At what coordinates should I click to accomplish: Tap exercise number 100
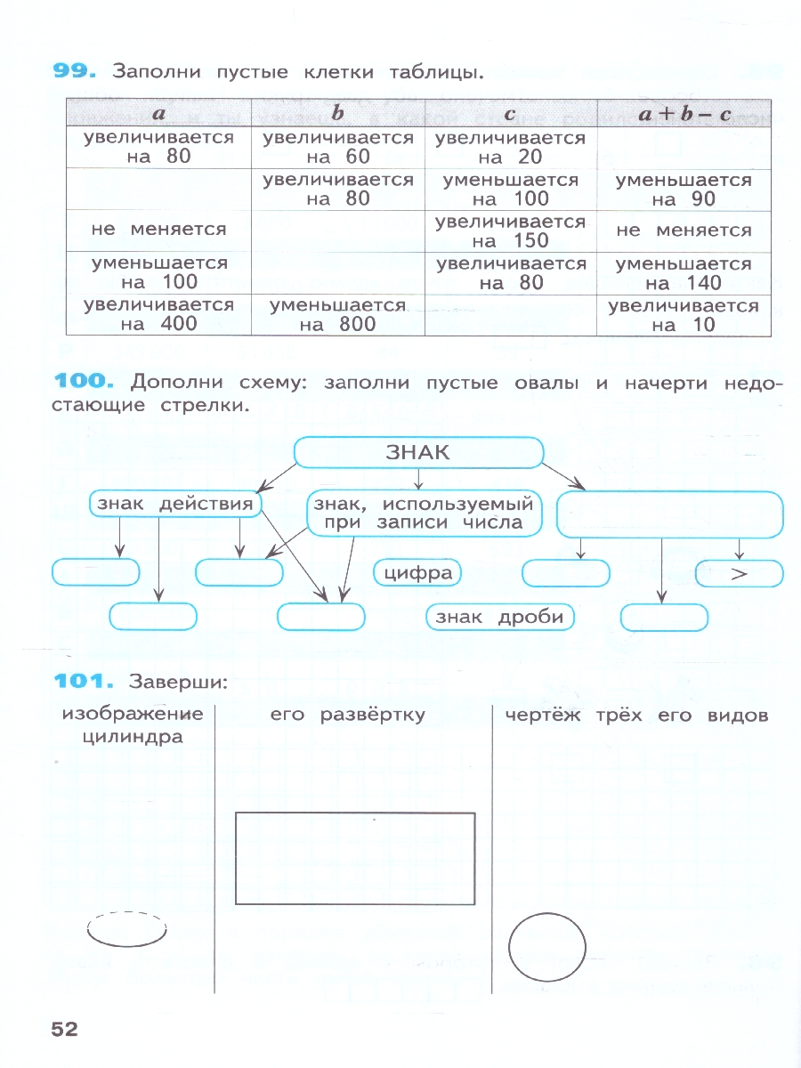click(85, 383)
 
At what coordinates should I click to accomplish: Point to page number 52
click(64, 1030)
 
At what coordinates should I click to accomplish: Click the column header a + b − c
click(683, 114)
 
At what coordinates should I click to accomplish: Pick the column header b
click(338, 114)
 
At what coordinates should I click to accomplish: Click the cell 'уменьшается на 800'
click(338, 315)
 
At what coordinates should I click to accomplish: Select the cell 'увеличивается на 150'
click(511, 231)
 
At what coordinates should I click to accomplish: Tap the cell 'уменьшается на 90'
click(683, 190)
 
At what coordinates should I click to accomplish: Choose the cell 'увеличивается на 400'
click(158, 314)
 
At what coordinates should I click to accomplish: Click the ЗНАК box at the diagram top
click(418, 452)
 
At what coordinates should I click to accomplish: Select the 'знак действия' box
click(176, 505)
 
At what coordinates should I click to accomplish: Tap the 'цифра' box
click(417, 573)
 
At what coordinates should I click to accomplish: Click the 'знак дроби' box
click(500, 617)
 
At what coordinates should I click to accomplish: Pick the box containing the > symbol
click(739, 574)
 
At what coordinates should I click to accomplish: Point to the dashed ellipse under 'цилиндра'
click(127, 930)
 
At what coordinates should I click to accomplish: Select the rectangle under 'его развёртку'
click(354, 858)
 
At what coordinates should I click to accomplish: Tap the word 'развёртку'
click(382, 715)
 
